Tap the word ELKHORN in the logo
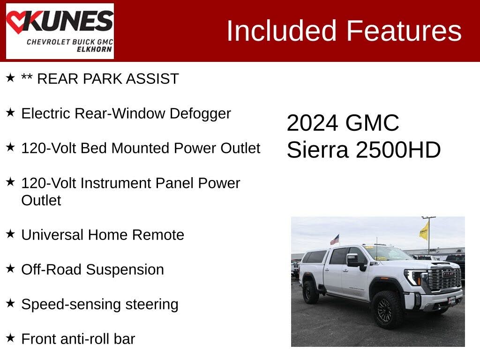[x=94, y=49]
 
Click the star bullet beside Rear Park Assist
[x=10, y=78]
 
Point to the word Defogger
[x=200, y=114]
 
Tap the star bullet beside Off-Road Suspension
[x=10, y=269]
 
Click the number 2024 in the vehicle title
[x=313, y=123]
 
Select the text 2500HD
[x=398, y=150]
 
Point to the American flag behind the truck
[x=335, y=240]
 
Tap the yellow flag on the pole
[x=424, y=231]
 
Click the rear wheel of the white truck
[x=310, y=292]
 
